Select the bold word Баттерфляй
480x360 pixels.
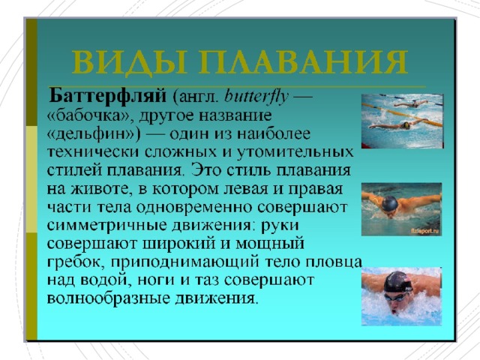(108, 97)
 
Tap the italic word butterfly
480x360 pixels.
(256, 97)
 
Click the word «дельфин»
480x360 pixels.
(91, 135)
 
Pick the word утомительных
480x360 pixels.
(295, 152)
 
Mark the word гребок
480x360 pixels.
(73, 262)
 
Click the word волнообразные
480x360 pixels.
(108, 298)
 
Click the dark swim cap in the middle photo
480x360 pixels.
(390, 203)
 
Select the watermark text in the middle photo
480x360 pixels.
(425, 231)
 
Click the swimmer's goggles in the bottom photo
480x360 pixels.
(395, 297)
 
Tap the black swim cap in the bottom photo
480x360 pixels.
(397, 282)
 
